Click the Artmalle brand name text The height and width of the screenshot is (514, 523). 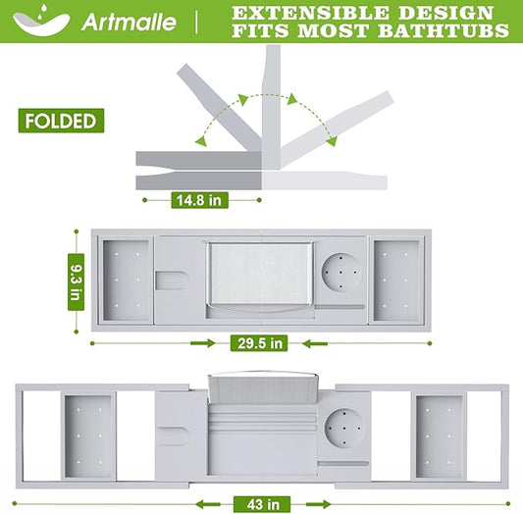(129, 22)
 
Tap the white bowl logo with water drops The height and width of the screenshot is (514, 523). (40, 21)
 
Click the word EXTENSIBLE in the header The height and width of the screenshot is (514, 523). (311, 13)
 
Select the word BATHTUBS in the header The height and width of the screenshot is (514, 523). (444, 30)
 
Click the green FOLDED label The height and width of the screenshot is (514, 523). (61, 121)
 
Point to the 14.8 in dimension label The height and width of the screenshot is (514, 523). (199, 200)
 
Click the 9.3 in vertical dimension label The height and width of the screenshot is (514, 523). (77, 282)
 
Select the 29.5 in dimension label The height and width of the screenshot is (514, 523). (259, 343)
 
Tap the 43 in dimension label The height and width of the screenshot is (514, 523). (262, 504)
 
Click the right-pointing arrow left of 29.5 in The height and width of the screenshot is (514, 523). (203, 343)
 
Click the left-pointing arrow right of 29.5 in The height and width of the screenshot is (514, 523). (315, 343)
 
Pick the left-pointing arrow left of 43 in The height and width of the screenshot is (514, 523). (208, 504)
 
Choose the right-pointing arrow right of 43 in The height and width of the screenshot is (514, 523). (318, 504)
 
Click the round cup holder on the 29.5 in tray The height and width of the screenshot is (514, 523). (340, 273)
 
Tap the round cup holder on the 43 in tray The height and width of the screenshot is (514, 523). (343, 428)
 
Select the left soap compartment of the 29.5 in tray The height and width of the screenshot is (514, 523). (126, 280)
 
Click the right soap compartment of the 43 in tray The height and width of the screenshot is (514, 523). (439, 437)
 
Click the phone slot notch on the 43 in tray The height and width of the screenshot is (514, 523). (172, 436)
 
